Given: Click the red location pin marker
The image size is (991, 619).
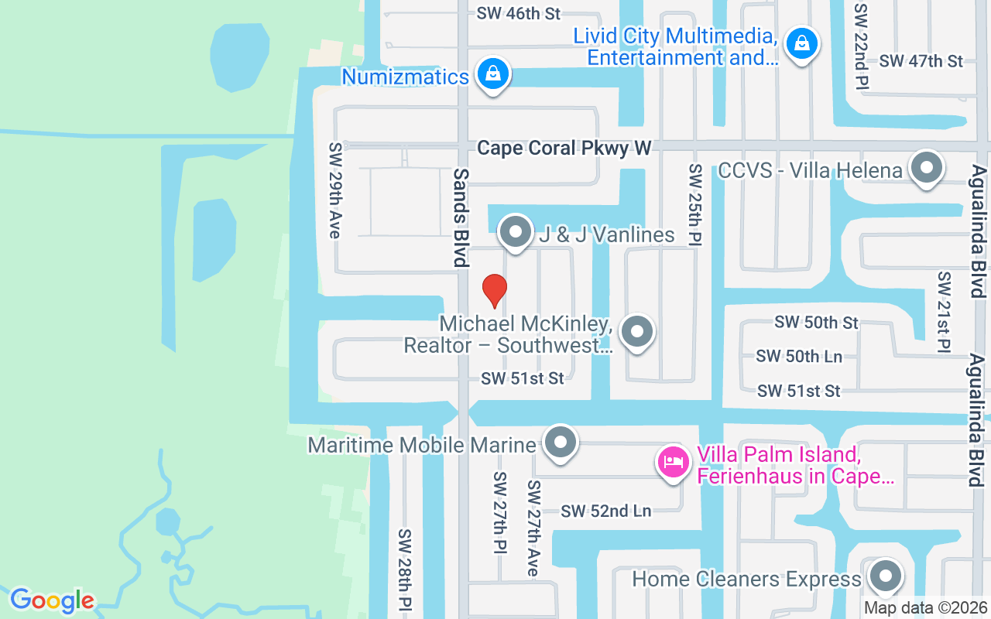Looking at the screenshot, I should click(495, 290).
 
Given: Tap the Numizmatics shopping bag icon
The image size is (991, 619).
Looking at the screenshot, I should click(492, 74).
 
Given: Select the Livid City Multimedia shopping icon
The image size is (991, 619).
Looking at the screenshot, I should click(802, 43).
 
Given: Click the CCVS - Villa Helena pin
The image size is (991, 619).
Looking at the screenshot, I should click(925, 168).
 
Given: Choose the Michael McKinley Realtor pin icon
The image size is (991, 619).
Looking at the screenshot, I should click(637, 332).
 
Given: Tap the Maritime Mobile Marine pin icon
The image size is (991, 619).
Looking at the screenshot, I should click(561, 443).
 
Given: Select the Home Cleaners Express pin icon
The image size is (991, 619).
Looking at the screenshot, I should click(885, 576).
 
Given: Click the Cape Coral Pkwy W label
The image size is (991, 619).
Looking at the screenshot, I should click(564, 148).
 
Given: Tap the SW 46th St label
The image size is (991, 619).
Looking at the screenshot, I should click(518, 13).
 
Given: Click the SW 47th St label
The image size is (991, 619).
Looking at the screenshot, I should click(921, 60).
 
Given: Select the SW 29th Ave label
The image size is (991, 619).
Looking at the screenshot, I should click(335, 190).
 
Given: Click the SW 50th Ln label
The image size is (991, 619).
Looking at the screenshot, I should click(798, 356).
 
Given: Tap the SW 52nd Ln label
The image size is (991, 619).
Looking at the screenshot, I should click(605, 511).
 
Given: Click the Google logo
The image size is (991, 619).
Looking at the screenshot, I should click(52, 600).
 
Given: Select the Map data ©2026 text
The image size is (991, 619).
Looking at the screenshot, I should click(926, 608).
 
